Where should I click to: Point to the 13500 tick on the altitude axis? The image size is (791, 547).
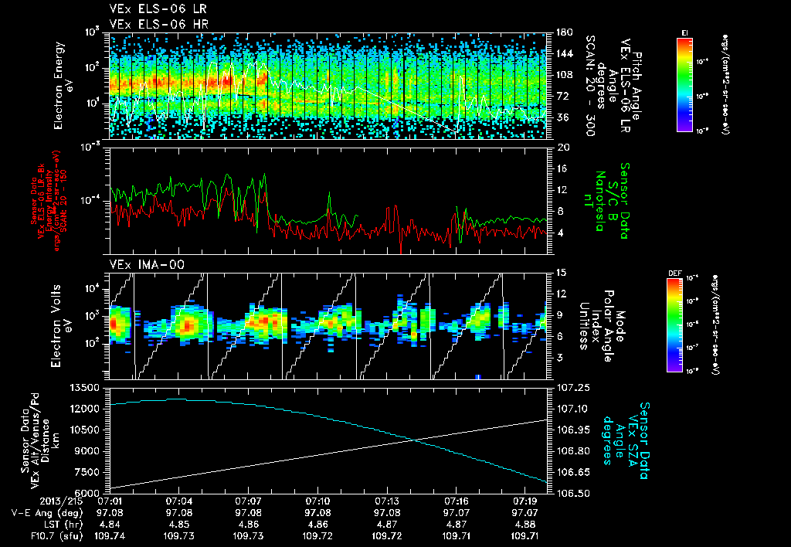[x=86, y=387]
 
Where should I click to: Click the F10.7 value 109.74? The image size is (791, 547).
[x=110, y=534]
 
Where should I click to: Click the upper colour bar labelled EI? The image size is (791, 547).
[x=684, y=83]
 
